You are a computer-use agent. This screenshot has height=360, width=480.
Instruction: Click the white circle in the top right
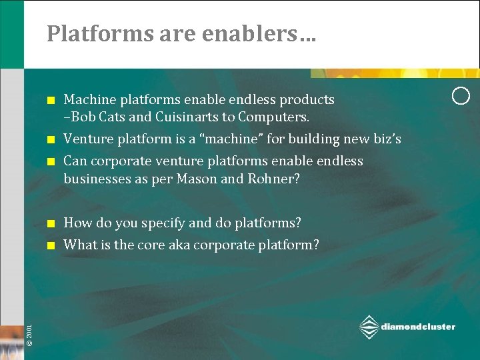click(x=461, y=96)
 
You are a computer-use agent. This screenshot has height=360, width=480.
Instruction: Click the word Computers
click(x=275, y=117)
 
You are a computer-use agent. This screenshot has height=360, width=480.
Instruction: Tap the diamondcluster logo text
click(x=418, y=327)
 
